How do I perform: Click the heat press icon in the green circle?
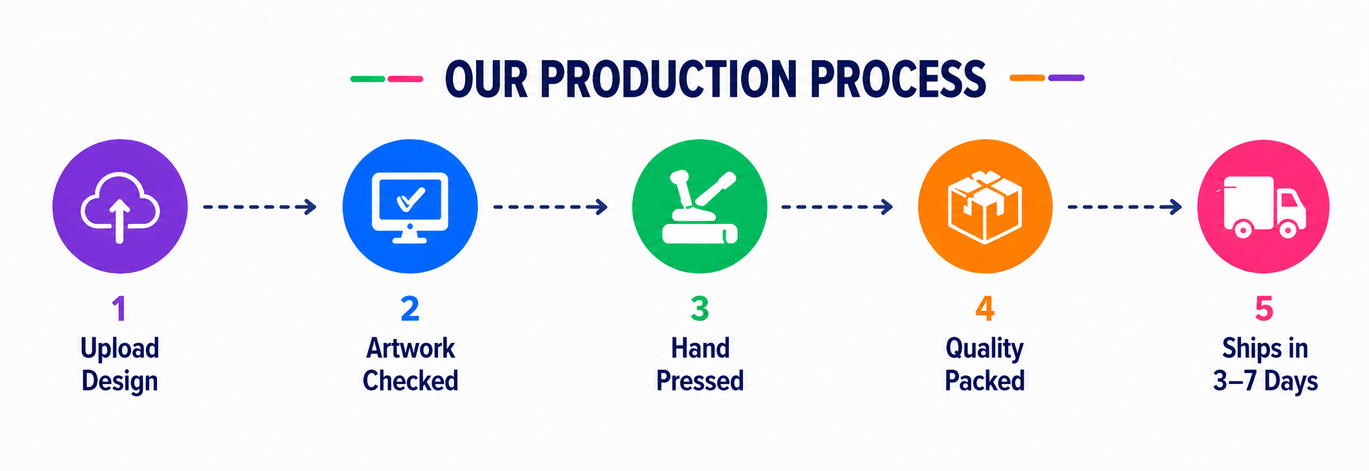coord(700,207)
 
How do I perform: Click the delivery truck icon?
coord(1263,207)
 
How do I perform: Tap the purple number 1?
coord(119,308)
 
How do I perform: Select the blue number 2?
coord(410,308)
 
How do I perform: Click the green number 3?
coord(700,308)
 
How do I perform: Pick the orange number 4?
coord(985,308)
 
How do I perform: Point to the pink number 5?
coord(1264,308)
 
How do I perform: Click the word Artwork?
coord(410,348)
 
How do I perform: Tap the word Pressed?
coord(700,381)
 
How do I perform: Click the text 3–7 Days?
coord(1265,381)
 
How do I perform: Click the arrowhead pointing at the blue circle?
coord(310,207)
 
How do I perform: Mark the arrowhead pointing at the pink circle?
coord(1175,207)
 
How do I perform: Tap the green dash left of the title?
coord(368,79)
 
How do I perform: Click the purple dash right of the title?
coord(1066,77)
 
